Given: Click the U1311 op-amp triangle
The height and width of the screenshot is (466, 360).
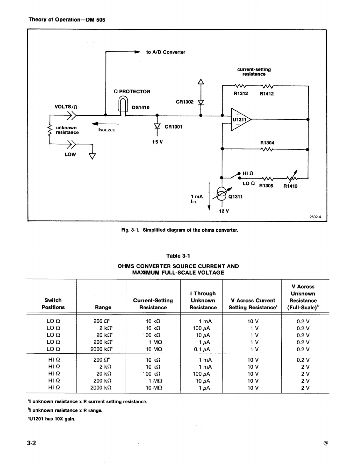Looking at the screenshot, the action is [240, 119].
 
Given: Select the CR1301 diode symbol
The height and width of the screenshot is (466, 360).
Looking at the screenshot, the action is [157, 126].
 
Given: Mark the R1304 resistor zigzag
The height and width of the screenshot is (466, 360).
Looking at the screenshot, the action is [267, 149].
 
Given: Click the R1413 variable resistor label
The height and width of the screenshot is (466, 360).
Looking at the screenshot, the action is [290, 186].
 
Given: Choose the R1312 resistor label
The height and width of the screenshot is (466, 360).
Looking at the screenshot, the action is [241, 93].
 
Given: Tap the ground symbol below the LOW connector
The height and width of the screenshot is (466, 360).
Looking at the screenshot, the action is [92, 156].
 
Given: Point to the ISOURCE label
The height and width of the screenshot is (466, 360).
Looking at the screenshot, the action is [106, 130].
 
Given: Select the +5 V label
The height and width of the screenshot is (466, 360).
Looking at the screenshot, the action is [157, 142].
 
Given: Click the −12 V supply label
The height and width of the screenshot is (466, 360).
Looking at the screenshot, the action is [222, 211].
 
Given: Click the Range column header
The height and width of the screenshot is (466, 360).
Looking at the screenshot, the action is [103, 307].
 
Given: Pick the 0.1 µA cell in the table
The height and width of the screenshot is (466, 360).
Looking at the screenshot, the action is [202, 349].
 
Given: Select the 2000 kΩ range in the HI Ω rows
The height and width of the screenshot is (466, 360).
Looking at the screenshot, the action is [101, 388].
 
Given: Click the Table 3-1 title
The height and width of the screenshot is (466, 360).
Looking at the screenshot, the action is [178, 256].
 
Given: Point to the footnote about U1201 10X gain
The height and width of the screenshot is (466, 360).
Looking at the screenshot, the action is [52, 419].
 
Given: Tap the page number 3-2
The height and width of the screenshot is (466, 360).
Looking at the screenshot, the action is [31, 443].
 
